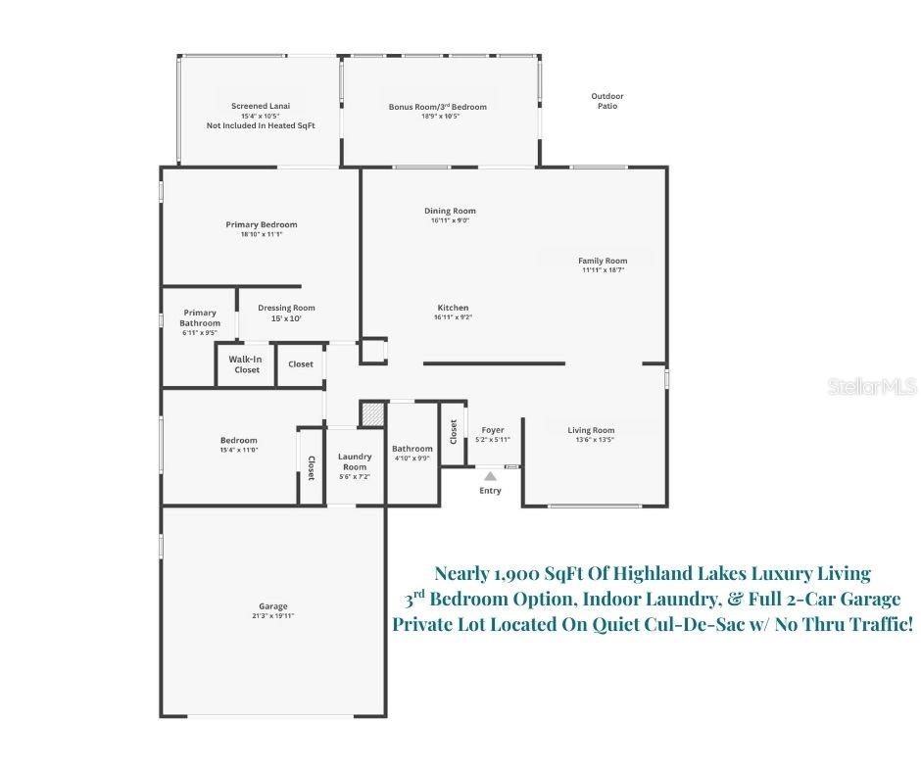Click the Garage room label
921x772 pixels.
pyautogui.click(x=273, y=606)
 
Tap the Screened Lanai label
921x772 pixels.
pyautogui.click(x=261, y=106)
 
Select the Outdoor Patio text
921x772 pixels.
pyautogui.click(x=607, y=100)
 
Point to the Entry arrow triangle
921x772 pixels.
pyautogui.click(x=490, y=476)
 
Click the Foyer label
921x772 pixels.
pyautogui.click(x=492, y=430)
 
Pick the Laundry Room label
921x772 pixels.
pyautogui.click(x=354, y=461)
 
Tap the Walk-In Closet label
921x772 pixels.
pyautogui.click(x=246, y=364)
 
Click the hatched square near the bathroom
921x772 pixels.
pyautogui.click(x=372, y=413)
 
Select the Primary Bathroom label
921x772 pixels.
pyautogui.click(x=200, y=318)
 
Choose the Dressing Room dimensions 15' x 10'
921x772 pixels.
pyautogui.click(x=286, y=318)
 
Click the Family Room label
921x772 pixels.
pyautogui.click(x=603, y=261)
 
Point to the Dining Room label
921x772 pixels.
pyautogui.click(x=450, y=211)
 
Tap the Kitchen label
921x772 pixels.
pyautogui.click(x=453, y=308)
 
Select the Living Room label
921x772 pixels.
pyautogui.click(x=591, y=430)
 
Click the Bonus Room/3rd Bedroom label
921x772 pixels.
pyautogui.click(x=437, y=107)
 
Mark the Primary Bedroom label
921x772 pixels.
pyautogui.click(x=261, y=224)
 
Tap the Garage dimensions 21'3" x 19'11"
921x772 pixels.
pyautogui.click(x=273, y=616)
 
